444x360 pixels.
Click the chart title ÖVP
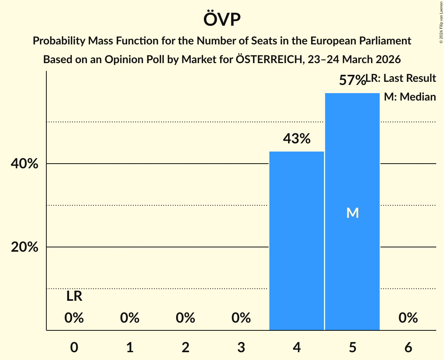click(222, 19)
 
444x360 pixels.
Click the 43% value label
click(297, 139)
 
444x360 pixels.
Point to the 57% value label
click(352, 81)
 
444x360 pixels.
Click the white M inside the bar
click(352, 213)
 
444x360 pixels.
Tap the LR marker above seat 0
click(74, 296)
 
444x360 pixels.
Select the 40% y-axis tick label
click(25, 164)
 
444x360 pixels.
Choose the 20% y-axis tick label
click(25, 247)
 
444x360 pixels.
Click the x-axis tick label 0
click(74, 347)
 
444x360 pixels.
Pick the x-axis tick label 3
click(241, 347)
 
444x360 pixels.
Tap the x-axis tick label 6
click(408, 347)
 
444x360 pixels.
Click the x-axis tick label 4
click(297, 347)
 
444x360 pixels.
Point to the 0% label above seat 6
click(408, 318)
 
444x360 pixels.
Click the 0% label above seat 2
click(186, 318)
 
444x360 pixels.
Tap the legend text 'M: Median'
click(410, 97)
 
